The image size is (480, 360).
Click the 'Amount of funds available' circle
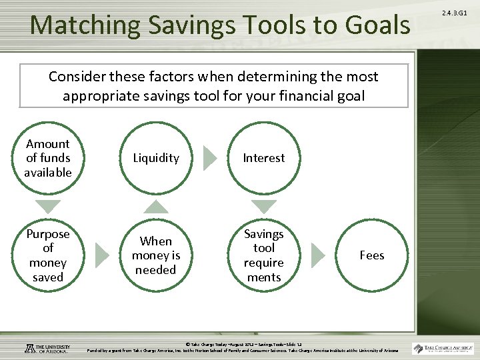(48, 158)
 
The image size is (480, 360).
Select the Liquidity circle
(156, 158)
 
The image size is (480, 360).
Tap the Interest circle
(263, 158)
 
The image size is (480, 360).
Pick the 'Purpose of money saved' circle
(48, 255)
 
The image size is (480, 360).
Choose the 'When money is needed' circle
(156, 255)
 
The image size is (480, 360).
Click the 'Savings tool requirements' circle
(263, 255)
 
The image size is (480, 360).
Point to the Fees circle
(371, 255)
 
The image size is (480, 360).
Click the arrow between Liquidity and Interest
(210, 158)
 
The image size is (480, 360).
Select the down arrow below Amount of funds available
(48, 207)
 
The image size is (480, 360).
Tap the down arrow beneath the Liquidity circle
(156, 207)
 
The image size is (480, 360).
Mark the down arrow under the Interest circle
(263, 207)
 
